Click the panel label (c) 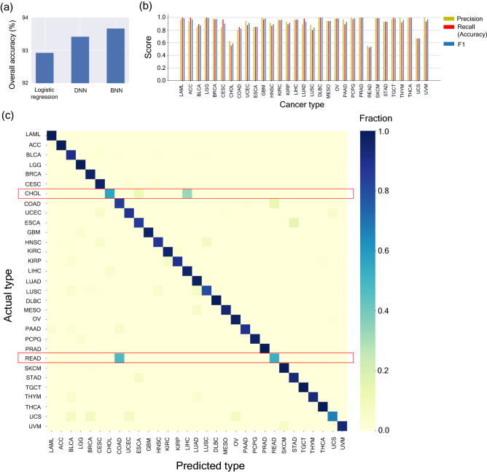[x=8, y=115]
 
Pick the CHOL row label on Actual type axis [x=31, y=194]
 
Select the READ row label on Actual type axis [x=31, y=358]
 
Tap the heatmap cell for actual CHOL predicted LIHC [x=187, y=194]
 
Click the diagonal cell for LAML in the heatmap [x=52, y=133]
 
